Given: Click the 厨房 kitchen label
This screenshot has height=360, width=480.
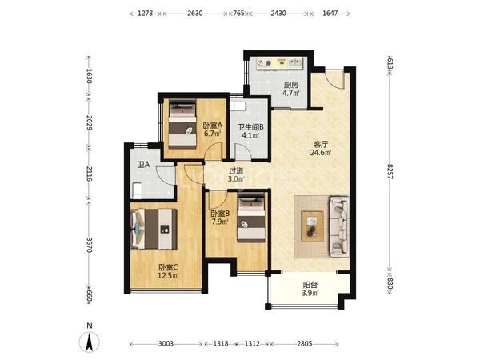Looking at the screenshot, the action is [290, 85].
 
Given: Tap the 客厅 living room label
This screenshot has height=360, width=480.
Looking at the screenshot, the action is [321, 143].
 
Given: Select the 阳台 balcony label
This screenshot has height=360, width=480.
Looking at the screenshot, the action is [310, 285].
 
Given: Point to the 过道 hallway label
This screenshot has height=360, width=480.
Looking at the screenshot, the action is [236, 171].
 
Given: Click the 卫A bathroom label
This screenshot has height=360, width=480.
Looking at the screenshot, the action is [143, 165].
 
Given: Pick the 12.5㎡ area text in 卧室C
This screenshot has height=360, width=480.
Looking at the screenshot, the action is [168, 275].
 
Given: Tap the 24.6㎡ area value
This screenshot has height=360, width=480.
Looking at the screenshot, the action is [321, 152].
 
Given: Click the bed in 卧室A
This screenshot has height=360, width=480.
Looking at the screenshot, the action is [182, 125].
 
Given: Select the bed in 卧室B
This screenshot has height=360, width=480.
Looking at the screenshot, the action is [251, 219].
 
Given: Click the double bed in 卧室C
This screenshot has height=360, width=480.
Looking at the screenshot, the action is [154, 229].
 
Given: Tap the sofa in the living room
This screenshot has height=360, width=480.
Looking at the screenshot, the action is [339, 227].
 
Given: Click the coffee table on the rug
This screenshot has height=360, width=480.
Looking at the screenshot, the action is [313, 226].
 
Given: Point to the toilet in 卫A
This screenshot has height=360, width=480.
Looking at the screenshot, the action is [137, 190].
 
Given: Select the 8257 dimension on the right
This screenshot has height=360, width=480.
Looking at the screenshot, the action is [390, 172].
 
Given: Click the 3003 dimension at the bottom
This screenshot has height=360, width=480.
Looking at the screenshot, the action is [166, 344].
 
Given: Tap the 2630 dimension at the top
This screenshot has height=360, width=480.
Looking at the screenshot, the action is [195, 13].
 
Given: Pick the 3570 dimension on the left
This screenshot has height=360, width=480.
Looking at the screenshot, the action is [89, 245].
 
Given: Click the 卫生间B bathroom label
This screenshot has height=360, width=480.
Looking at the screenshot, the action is [251, 126].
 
